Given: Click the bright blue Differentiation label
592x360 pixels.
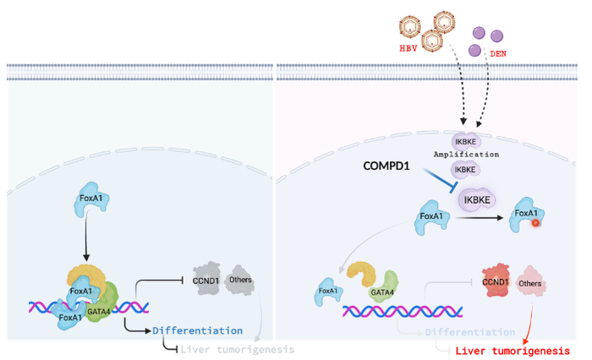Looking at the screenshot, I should coord(198,330).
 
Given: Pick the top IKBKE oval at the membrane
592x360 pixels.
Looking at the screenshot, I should coord(465,141).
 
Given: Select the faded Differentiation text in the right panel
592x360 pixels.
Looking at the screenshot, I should coord(469,331).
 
